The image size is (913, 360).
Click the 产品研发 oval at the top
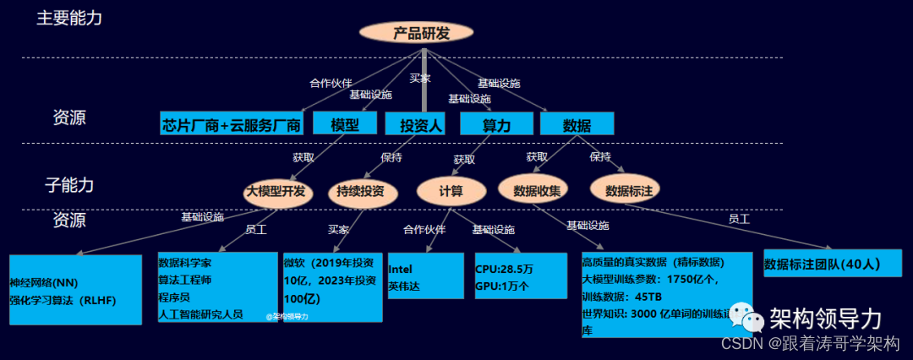click(420, 33)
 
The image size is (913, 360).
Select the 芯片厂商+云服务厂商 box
click(232, 125)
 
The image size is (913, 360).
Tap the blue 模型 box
click(345, 124)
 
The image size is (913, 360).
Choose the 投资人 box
click(421, 125)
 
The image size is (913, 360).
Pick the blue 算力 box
click(496, 125)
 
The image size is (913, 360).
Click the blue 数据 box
click(577, 125)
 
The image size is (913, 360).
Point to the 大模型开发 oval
click(276, 190)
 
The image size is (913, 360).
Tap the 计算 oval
click(451, 190)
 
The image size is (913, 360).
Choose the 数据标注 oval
click(626, 189)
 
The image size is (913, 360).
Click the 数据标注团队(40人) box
click(832, 264)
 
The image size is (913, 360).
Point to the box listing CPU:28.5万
click(520, 275)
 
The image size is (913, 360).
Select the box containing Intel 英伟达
click(425, 275)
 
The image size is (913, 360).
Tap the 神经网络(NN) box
click(75, 290)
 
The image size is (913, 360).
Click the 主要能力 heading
click(69, 18)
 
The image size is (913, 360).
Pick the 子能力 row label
click(69, 184)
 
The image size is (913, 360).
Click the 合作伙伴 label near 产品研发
click(331, 83)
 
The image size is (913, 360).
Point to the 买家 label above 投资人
click(419, 78)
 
